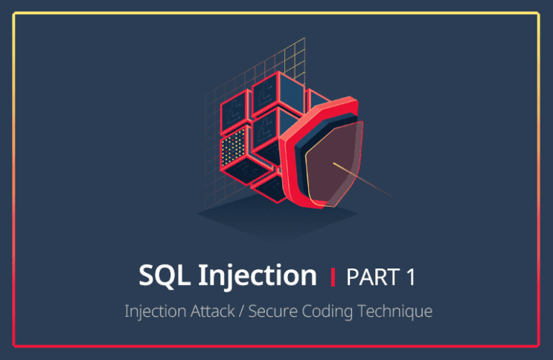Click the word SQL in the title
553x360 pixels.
(x=164, y=276)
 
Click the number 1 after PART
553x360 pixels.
(x=410, y=277)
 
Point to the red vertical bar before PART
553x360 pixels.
(x=333, y=277)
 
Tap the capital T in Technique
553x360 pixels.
(x=365, y=311)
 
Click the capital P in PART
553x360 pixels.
(x=353, y=277)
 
